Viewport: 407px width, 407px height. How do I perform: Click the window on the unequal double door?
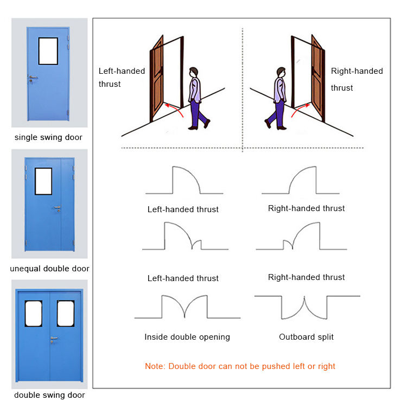pyautogui.click(x=43, y=181)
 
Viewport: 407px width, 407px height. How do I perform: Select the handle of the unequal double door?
pyautogui.click(x=56, y=207)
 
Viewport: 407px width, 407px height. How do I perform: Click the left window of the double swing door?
pyautogui.click(x=34, y=314)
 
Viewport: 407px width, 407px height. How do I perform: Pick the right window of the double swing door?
pyautogui.click(x=66, y=314)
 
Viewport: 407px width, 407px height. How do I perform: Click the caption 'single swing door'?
pyautogui.click(x=48, y=137)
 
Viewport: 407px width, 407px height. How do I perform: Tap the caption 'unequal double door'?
pyautogui.click(x=49, y=269)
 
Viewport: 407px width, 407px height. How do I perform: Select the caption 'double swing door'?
pyautogui.click(x=49, y=395)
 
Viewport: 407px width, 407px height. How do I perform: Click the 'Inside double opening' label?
pyautogui.click(x=187, y=337)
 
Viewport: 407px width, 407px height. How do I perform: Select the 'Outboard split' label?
pyautogui.click(x=307, y=337)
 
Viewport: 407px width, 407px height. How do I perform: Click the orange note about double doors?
pyautogui.click(x=240, y=366)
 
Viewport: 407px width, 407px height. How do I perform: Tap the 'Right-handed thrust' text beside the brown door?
pyautogui.click(x=357, y=79)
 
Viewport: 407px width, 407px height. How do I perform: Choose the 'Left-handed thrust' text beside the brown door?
pyautogui.click(x=122, y=77)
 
